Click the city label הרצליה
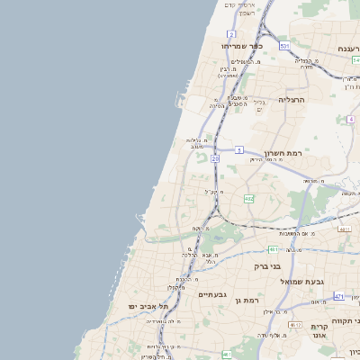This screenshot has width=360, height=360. click(x=292, y=100)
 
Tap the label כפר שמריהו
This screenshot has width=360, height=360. click(x=240, y=45)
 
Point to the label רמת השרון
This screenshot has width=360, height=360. click(x=286, y=154)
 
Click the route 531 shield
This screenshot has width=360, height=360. click(x=284, y=45)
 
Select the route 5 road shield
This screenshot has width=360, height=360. click(x=239, y=149)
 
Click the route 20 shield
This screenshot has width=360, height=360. click(x=215, y=158)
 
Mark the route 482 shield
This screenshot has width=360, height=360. click(x=248, y=198)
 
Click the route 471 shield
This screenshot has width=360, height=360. click(x=339, y=295)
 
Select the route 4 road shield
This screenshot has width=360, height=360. click(x=349, y=118)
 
